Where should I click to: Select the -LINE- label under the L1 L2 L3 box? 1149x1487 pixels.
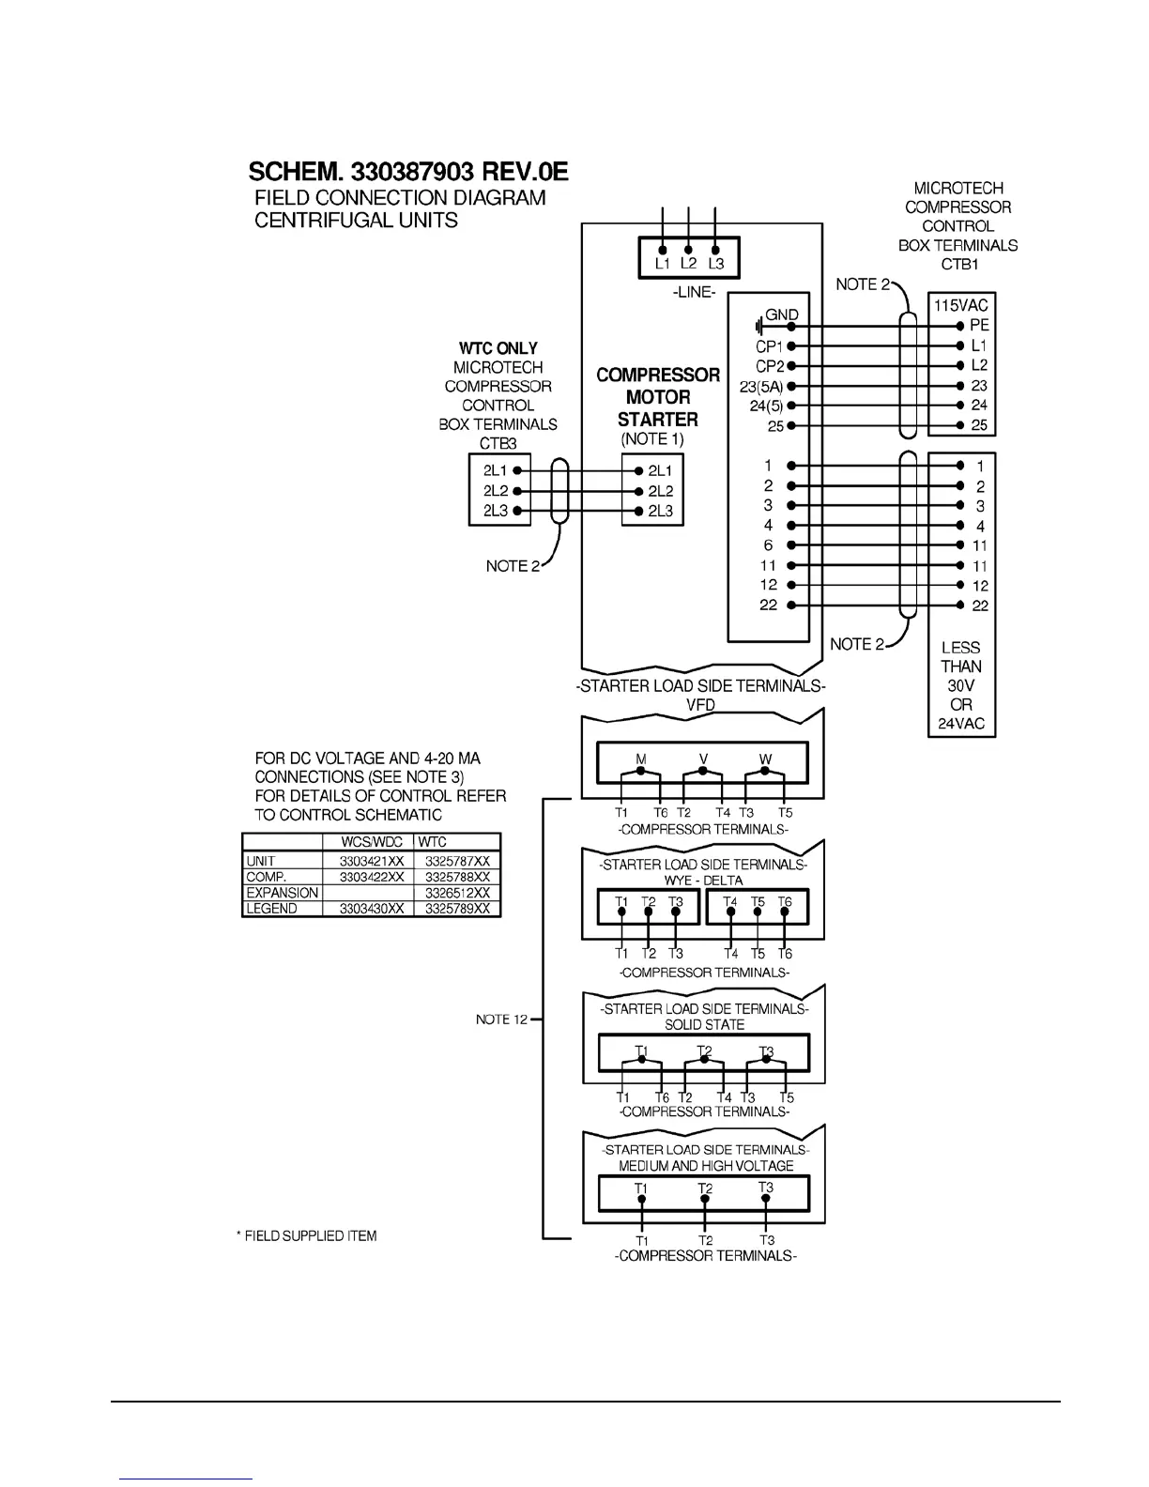pos(694,293)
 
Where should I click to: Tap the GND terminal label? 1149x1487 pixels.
pos(782,315)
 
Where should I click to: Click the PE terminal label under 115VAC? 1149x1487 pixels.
pos(979,326)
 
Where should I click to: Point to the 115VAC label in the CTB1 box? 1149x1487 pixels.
pos(960,305)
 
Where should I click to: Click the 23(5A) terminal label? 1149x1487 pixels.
pos(760,386)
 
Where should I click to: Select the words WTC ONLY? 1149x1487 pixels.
pos(498,348)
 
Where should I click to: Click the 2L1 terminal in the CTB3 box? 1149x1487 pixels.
pos(496,471)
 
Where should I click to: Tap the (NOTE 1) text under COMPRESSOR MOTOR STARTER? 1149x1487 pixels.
pos(651,439)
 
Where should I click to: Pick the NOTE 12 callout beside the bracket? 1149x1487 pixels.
pos(502,1019)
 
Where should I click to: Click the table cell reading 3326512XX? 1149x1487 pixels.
pos(457,893)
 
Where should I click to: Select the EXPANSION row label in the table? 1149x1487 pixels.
pos(282,893)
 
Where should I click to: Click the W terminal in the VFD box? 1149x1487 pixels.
pos(765,759)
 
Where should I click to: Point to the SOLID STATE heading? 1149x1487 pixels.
pos(704,1024)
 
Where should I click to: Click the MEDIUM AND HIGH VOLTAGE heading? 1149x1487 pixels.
pos(706,1166)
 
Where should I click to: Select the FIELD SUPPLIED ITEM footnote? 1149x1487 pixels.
pos(306,1236)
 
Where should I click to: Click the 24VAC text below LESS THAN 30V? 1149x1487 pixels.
pos(960,724)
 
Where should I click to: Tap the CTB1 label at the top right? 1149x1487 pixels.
pos(958,264)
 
